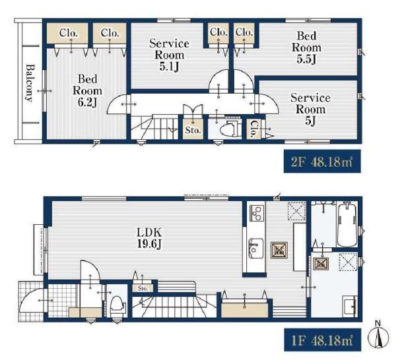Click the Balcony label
coord(30,83)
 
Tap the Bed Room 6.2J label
coord(87,91)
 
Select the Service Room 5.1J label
coord(169,55)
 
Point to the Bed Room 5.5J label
coord(306,47)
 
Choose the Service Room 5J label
coord(310,109)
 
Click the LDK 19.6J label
coord(149,239)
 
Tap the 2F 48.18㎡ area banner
coord(322,162)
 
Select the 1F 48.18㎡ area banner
coord(322,340)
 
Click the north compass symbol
coord(378,335)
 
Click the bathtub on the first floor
coord(347,225)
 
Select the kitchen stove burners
coord(257,213)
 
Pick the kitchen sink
coord(256,248)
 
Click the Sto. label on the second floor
coord(193,131)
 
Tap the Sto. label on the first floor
coord(143,288)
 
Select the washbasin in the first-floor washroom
coord(350,305)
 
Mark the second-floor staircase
coord(154,127)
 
